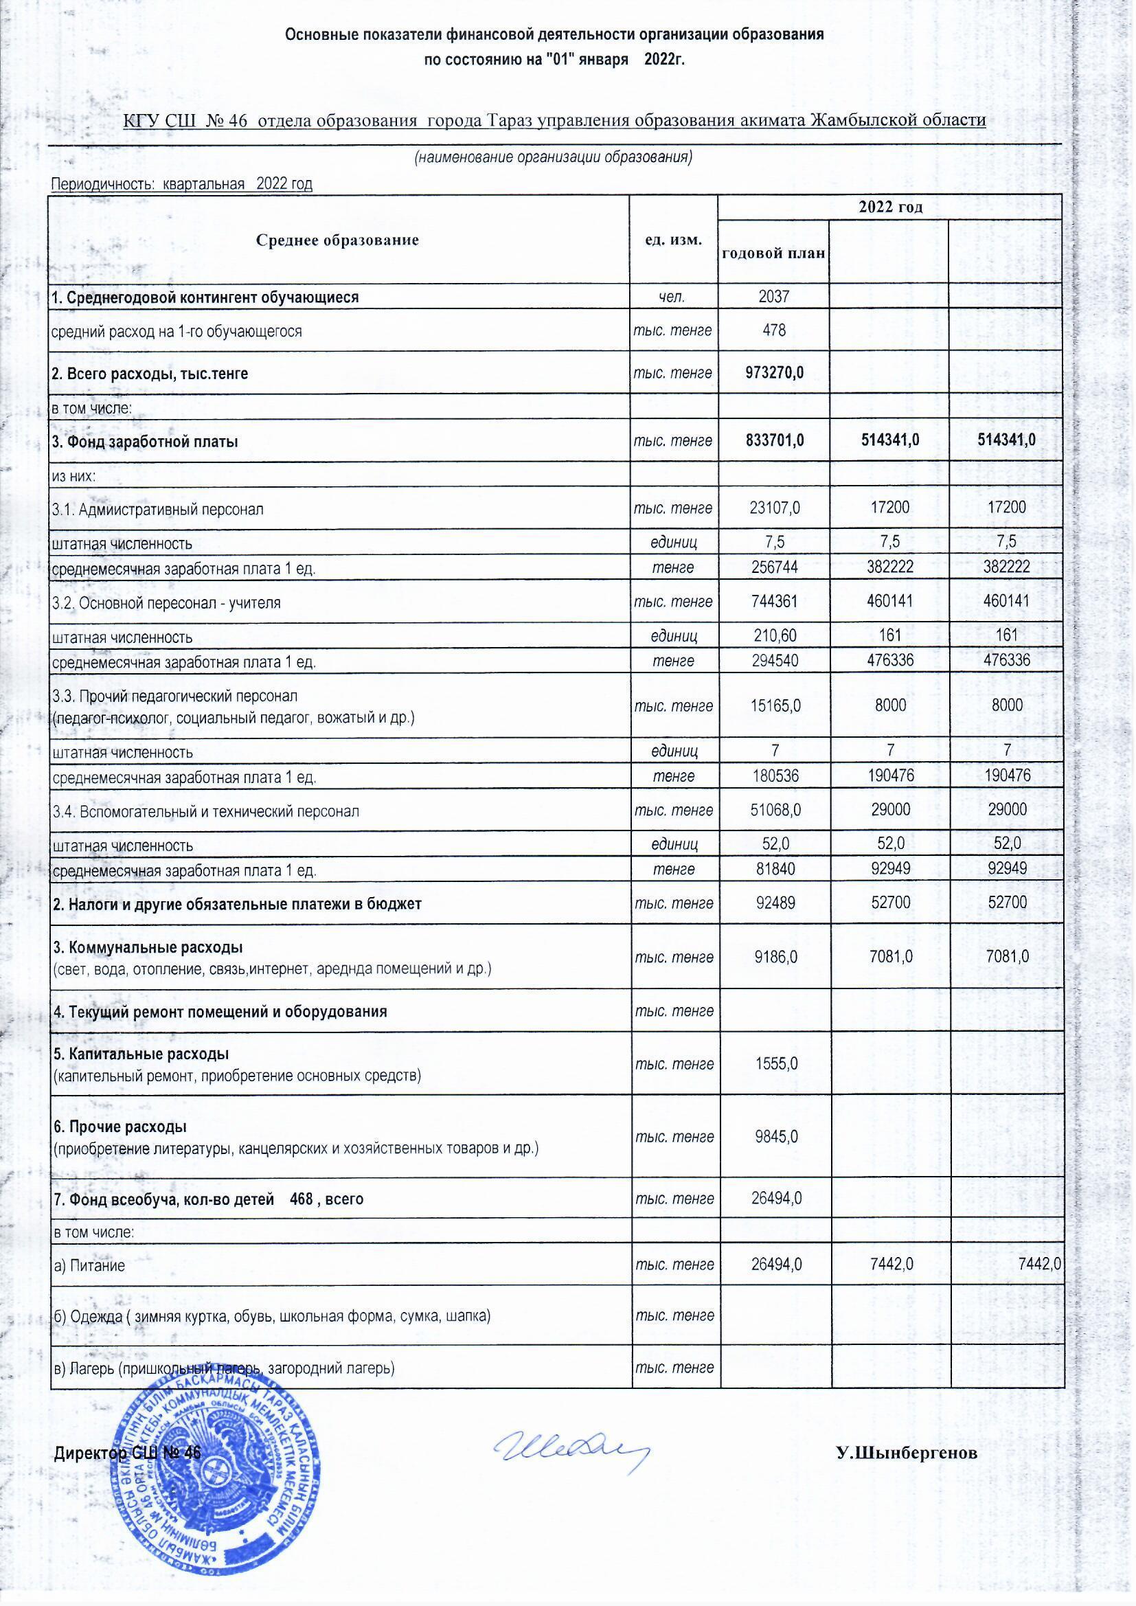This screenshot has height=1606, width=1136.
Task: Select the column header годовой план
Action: [773, 253]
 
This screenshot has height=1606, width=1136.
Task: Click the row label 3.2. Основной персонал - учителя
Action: [166, 602]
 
